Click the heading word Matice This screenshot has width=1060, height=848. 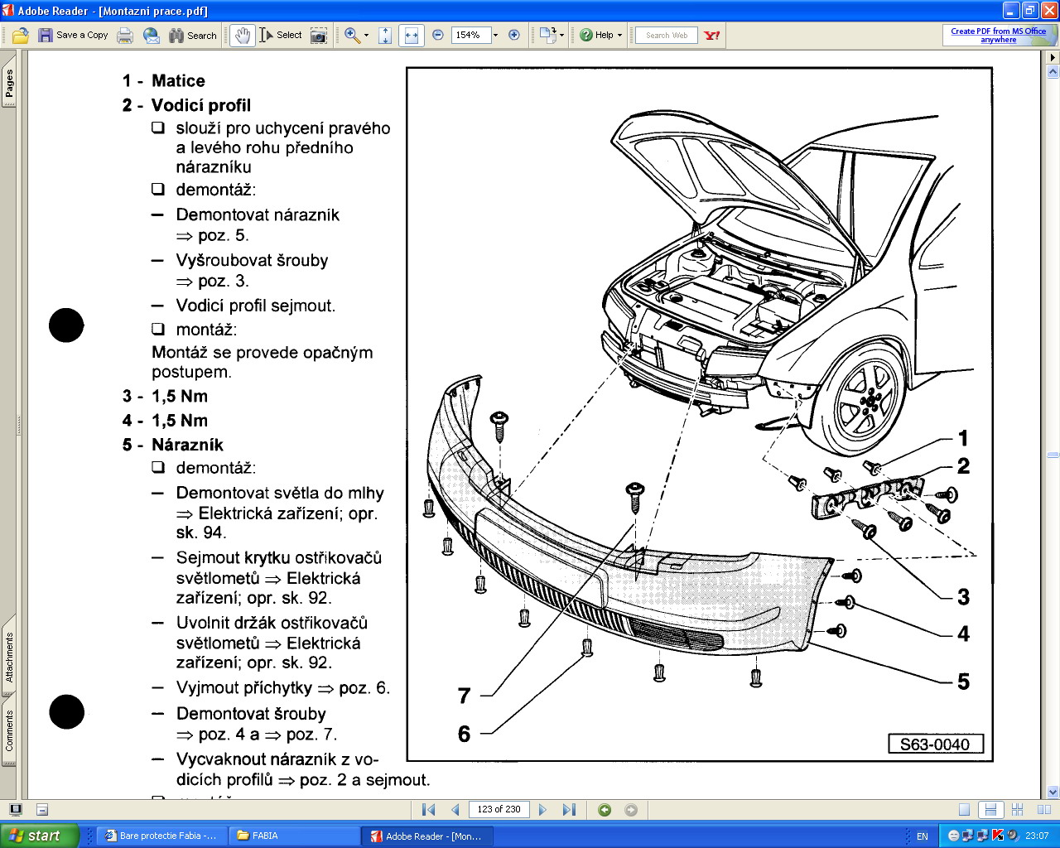[x=178, y=80]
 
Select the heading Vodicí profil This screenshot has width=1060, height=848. [x=200, y=105]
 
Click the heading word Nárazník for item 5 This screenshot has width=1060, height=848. [x=187, y=445]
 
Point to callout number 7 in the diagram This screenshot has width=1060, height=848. [x=464, y=696]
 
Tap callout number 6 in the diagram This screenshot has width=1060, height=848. [x=464, y=734]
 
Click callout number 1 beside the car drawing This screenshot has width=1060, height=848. [x=963, y=437]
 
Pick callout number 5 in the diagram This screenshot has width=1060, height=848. [x=963, y=682]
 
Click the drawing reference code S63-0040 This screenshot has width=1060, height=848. [x=935, y=744]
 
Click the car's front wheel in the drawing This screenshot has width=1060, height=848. [x=865, y=402]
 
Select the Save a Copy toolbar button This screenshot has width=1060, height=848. [x=73, y=35]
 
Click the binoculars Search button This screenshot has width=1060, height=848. [x=192, y=35]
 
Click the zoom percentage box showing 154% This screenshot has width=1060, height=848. [x=469, y=35]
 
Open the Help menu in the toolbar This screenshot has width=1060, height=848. [x=600, y=35]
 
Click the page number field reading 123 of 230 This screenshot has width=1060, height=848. [x=499, y=809]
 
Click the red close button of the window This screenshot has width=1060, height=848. [x=1048, y=11]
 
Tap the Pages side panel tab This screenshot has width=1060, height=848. [x=9, y=83]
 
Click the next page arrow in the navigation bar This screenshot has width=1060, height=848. [x=542, y=809]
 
